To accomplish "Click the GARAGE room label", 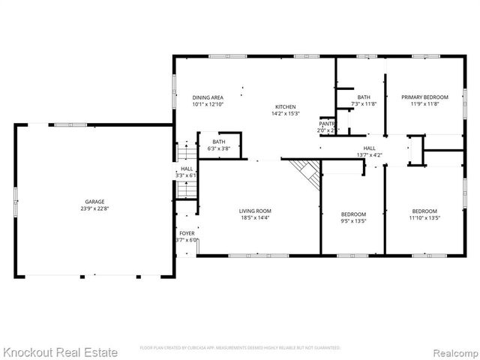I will [94, 202].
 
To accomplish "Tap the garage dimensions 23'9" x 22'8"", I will [94, 208].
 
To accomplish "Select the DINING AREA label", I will [208, 97].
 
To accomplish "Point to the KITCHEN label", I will [285, 107].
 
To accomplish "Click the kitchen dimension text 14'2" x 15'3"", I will [285, 114].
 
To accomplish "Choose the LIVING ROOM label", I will [255, 211].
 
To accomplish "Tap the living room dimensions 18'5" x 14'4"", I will [255, 217].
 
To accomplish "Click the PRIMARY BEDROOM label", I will [424, 97].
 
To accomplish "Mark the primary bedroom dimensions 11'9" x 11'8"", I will [424, 104].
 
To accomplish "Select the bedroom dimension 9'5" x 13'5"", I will [353, 221].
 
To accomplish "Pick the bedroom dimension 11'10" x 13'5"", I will [424, 218].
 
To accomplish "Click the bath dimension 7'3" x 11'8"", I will [364, 104].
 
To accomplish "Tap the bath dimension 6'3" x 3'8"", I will [219, 148].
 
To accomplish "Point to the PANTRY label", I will [327, 123].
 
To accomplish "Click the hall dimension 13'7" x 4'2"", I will [370, 155].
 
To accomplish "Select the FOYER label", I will [187, 234].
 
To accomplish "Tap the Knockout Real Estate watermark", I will [60, 351].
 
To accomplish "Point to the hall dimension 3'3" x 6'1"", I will [187, 175].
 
